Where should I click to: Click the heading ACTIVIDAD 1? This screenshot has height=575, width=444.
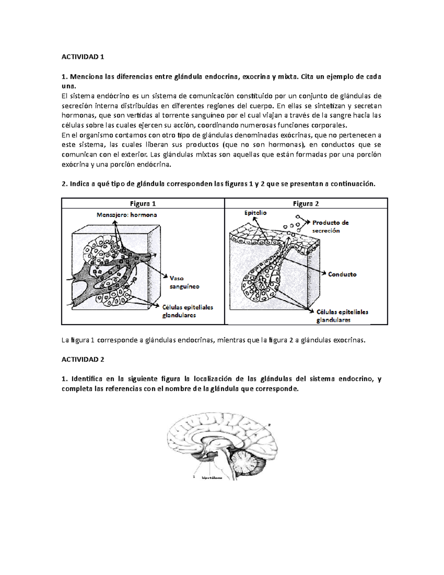pyautogui.click(x=83, y=57)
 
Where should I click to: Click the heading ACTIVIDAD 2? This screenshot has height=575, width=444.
pyautogui.click(x=83, y=360)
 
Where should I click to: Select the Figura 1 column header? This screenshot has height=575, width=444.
pyautogui.click(x=143, y=203)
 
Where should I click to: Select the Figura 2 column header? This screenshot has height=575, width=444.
pyautogui.click(x=306, y=203)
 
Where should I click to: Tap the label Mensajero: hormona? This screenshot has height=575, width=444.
pyautogui.click(x=127, y=215)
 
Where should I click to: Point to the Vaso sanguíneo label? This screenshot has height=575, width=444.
pyautogui.click(x=184, y=282)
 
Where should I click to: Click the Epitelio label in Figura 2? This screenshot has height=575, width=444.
pyautogui.click(x=255, y=213)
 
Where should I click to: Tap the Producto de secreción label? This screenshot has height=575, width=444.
pyautogui.click(x=330, y=226)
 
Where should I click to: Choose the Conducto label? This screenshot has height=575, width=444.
pyautogui.click(x=342, y=274)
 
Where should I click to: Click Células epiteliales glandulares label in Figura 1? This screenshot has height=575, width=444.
pyautogui.click(x=188, y=311)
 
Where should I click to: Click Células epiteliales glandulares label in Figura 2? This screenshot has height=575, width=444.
pyautogui.click(x=342, y=316)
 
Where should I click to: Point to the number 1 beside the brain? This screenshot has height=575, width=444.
pyautogui.click(x=194, y=477)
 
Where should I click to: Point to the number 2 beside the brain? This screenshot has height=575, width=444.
pyautogui.click(x=269, y=425)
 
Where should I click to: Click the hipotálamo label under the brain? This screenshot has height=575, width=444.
pyautogui.click(x=212, y=478)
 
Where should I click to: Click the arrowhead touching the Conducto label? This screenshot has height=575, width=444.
pyautogui.click(x=325, y=274)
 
